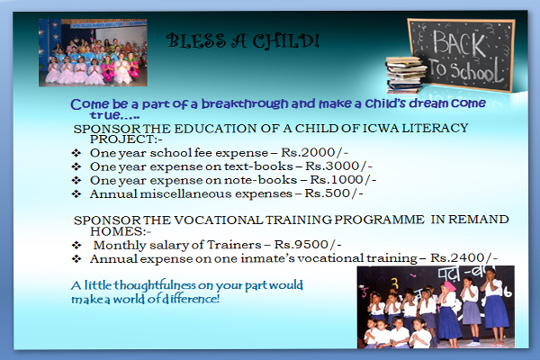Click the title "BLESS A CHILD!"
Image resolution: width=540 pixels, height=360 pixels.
click(243, 40)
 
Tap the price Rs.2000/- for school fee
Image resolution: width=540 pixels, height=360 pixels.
click(314, 152)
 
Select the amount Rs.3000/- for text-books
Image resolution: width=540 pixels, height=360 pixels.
click(339, 166)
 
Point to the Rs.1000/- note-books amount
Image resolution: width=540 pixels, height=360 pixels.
click(343, 179)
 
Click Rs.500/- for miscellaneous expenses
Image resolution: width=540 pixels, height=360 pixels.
click(334, 193)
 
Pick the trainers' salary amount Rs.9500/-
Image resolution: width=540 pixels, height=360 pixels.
click(308, 245)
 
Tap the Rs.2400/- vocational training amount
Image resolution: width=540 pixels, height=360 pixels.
click(463, 257)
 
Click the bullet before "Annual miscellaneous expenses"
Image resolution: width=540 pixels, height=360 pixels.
click(76, 193)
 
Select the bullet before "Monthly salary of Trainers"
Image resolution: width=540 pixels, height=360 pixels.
click(76, 245)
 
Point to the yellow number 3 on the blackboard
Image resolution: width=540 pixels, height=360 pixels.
click(396, 283)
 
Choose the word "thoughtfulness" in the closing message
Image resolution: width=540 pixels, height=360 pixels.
click(156, 285)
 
